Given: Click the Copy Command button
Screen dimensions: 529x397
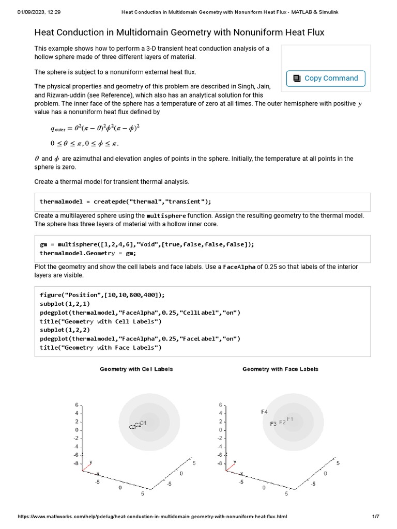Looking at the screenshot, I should point(326,79).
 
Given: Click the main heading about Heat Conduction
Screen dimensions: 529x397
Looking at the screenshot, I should point(179,33).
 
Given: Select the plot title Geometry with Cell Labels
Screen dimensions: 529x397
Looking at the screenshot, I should point(136,369).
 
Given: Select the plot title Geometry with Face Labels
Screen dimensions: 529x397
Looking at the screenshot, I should point(280,369).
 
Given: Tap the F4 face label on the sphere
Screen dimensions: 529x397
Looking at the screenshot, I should point(264,412).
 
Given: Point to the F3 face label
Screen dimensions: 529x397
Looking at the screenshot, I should point(273,424).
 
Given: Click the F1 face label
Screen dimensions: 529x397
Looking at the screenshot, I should point(289,419).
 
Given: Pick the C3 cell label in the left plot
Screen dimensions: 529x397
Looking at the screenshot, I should point(132,427).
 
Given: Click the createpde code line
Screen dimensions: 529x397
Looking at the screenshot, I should point(125,201).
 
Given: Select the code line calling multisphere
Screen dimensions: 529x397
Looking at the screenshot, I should point(147,244).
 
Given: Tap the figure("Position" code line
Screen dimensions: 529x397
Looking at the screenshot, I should point(102,295).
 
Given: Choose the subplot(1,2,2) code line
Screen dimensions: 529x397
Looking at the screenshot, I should point(65,330).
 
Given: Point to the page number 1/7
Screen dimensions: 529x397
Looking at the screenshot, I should point(376,517).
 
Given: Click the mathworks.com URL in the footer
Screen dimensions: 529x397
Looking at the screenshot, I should point(152,517).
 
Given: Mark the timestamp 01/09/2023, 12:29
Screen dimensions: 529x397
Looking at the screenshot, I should point(39,12).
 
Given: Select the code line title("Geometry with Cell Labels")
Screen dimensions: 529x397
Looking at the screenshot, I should point(100,321).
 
